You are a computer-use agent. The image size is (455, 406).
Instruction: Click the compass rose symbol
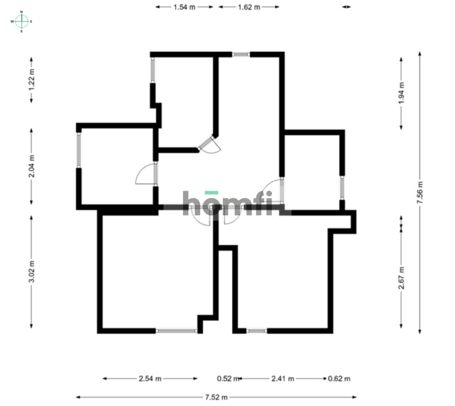tap(22, 21)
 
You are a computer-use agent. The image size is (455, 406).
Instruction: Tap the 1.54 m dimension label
tap(184, 7)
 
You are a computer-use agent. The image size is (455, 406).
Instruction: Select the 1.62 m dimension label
tap(249, 7)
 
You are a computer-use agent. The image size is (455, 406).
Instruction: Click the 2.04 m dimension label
tap(32, 166)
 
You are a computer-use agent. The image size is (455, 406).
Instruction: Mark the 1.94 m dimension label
tap(401, 93)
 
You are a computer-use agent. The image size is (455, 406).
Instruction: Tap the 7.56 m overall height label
tap(420, 193)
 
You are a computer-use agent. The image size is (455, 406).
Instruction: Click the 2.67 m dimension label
tap(401, 278)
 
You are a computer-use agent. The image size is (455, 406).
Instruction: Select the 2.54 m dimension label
tap(150, 379)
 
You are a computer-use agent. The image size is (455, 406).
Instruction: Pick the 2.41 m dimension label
tap(283, 379)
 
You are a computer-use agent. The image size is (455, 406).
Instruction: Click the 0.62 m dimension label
tap(339, 379)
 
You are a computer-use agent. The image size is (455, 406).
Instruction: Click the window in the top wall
tap(241, 54)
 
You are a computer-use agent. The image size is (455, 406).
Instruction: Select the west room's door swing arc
tap(143, 175)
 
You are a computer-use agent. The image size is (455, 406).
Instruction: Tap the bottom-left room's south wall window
tap(177, 331)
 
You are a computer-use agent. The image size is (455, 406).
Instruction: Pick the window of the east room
tap(342, 188)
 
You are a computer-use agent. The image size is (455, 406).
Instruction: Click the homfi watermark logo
tap(227, 204)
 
